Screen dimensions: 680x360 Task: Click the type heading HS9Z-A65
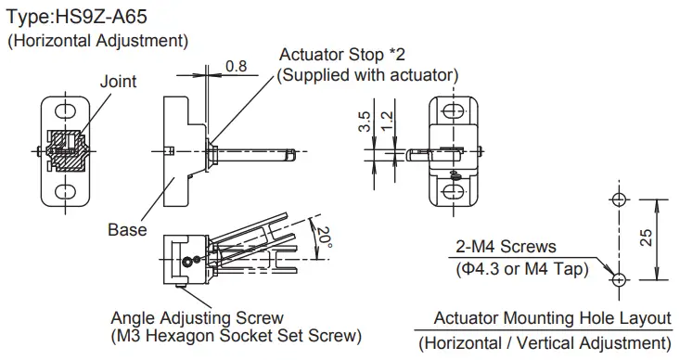point(101,17)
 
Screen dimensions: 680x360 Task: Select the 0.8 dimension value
point(237,66)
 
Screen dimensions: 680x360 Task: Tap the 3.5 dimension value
point(365,122)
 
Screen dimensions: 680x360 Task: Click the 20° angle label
point(325,238)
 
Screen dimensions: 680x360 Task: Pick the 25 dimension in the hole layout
point(646,238)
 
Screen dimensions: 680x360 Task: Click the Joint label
point(118,81)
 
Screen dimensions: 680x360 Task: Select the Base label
point(127,229)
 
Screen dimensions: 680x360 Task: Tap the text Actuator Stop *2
point(342,55)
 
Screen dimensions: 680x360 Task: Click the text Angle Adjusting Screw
point(197,318)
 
